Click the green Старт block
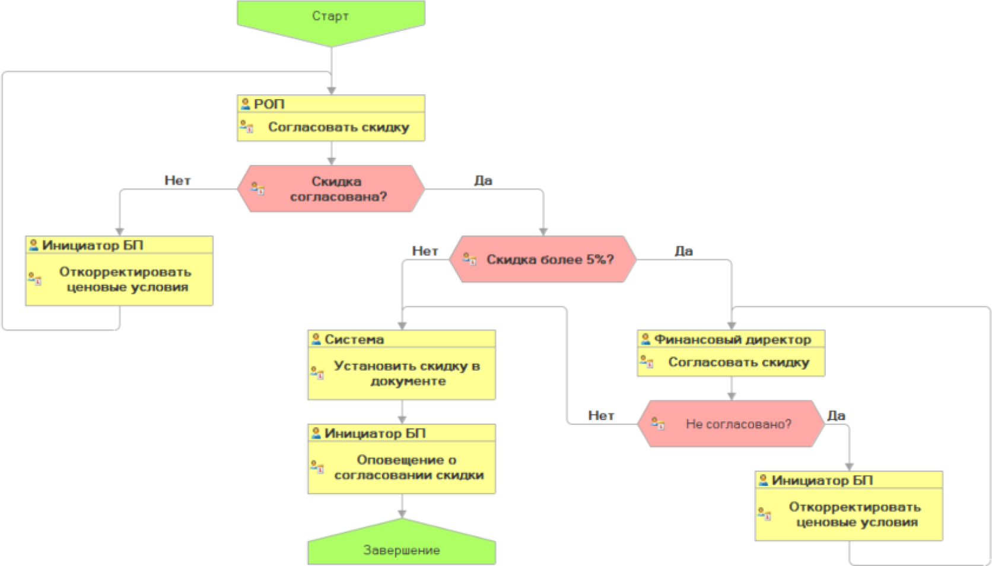tap(330, 18)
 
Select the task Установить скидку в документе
tap(406, 374)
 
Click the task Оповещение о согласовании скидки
tap(408, 468)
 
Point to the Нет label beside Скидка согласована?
tap(177, 180)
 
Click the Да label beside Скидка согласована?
tap(483, 180)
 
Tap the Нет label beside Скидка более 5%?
tap(425, 251)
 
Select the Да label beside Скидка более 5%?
tap(683, 251)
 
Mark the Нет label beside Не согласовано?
tap(601, 415)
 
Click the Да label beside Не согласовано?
tap(836, 415)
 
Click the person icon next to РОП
tap(246, 104)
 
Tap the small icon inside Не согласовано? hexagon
tap(657, 424)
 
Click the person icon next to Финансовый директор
tap(646, 339)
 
